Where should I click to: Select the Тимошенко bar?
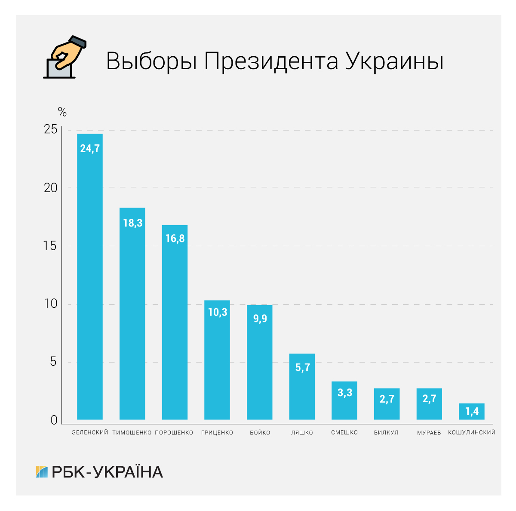(x=132, y=313)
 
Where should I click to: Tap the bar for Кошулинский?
(x=471, y=411)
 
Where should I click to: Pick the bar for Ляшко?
(x=302, y=386)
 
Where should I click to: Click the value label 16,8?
(x=175, y=239)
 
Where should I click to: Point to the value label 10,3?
(x=217, y=312)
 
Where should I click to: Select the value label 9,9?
(x=260, y=318)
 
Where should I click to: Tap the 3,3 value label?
(x=344, y=392)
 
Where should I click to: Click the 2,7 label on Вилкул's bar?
(x=387, y=399)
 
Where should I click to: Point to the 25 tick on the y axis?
(x=50, y=130)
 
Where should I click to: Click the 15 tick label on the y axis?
(x=50, y=246)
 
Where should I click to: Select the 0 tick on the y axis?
(x=54, y=420)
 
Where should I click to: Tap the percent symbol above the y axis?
(x=62, y=113)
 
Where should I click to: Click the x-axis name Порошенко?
(x=174, y=433)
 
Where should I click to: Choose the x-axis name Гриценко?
(x=217, y=433)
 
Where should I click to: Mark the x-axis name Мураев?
(x=429, y=433)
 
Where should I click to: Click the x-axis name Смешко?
(x=344, y=433)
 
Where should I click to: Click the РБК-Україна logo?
(x=99, y=472)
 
